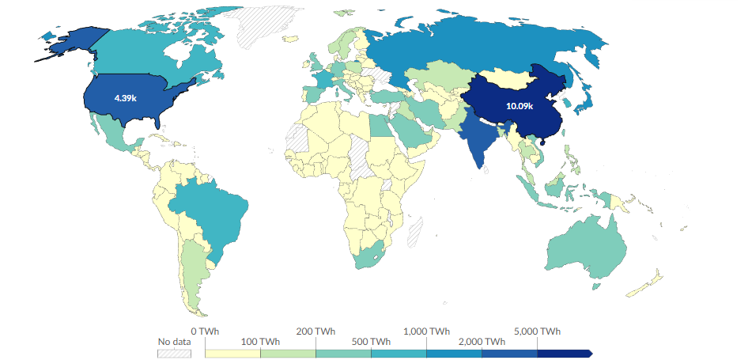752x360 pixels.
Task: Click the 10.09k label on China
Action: tap(520, 106)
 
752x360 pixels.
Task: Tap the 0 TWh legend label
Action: tap(205, 331)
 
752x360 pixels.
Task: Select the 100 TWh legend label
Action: tap(260, 341)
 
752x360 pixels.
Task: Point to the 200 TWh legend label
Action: tap(316, 331)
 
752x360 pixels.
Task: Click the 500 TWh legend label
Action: tap(371, 341)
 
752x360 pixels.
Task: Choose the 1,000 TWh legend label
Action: tap(426, 331)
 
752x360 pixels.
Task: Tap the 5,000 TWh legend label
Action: tap(538, 331)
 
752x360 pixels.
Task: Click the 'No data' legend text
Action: tap(175, 342)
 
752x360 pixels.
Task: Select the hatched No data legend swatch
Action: tap(175, 353)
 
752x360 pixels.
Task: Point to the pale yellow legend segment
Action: tap(232, 353)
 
